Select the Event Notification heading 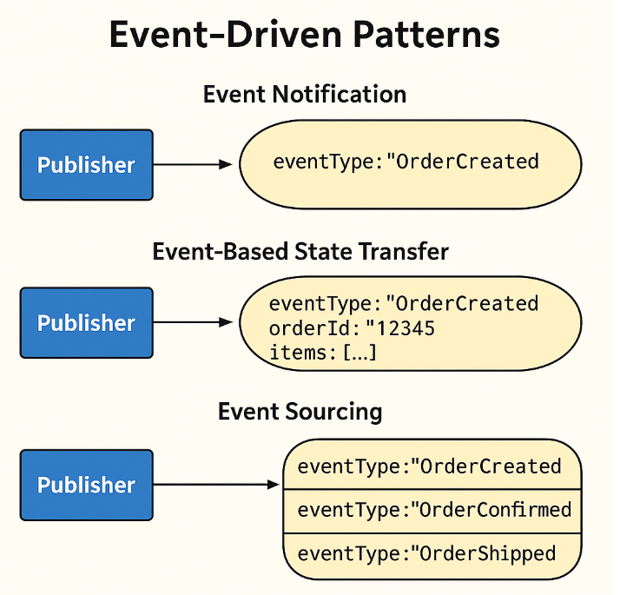click(304, 94)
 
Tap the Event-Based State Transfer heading click(300, 252)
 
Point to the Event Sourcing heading click(300, 411)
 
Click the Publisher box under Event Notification click(86, 165)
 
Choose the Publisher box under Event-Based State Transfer click(86, 323)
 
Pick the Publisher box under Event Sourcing click(86, 485)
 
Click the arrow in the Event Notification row click(193, 164)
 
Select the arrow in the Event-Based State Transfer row click(193, 322)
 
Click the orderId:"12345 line click(352, 329)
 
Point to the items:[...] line click(322, 354)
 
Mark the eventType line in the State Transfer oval click(404, 304)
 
